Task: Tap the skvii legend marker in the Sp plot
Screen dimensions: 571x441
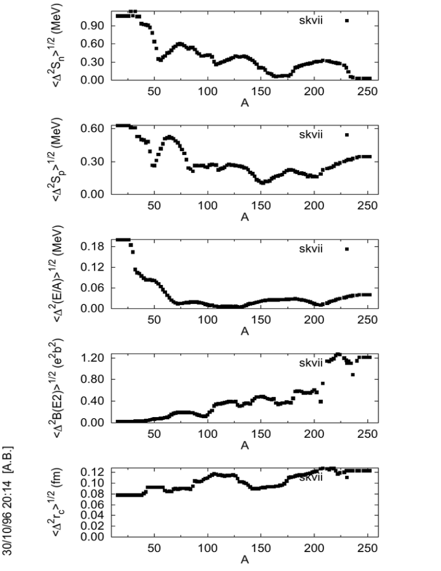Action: pyautogui.click(x=347, y=135)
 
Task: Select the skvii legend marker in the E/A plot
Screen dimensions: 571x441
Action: pyautogui.click(x=347, y=249)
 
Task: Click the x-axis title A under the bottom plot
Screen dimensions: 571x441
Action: pyautogui.click(x=245, y=561)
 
